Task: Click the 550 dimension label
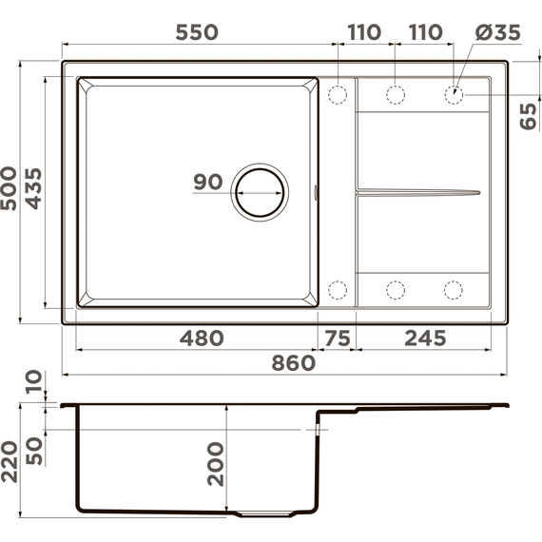tap(197, 32)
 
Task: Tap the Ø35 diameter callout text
tap(497, 32)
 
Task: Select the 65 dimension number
tap(529, 117)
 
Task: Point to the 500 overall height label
tap(9, 188)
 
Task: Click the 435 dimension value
tap(33, 188)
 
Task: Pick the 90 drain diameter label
tap(207, 182)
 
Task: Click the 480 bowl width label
tap(202, 338)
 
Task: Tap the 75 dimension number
tap(338, 338)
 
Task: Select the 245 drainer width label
tap(425, 338)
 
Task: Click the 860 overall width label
tap(294, 363)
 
